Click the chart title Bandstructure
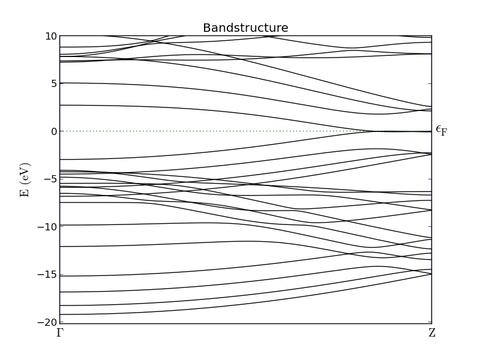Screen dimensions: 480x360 245,28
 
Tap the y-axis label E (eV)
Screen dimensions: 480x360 25,180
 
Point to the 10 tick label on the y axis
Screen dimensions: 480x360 51,36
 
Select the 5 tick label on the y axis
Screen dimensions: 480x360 54,83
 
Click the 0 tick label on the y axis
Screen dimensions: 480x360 54,131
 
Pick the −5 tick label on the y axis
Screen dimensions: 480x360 50,179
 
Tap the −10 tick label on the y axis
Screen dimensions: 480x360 47,227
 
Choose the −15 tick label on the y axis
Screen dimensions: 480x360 47,274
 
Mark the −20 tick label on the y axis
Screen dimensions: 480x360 47,322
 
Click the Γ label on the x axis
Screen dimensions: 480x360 60,332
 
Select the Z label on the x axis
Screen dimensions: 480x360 432,332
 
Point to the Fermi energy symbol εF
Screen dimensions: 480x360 442,130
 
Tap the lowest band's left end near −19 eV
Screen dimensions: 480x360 61,314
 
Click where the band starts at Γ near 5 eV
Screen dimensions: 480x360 61,83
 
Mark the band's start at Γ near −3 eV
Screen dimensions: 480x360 61,160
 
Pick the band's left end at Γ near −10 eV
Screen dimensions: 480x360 61,225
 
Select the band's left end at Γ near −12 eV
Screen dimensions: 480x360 61,247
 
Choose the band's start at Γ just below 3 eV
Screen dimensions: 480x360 61,106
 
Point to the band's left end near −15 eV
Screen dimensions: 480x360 61,276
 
